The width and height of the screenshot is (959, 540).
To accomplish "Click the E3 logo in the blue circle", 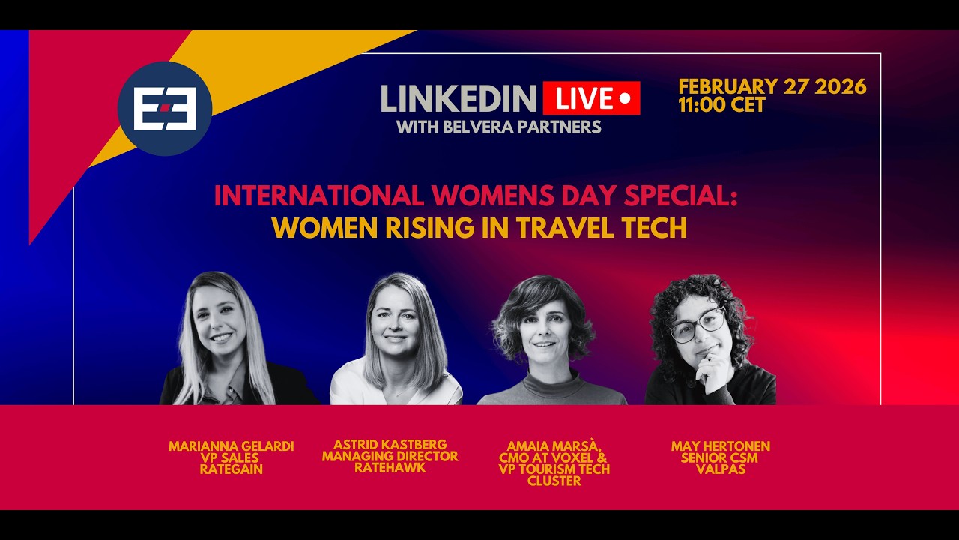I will pyautogui.click(x=165, y=109).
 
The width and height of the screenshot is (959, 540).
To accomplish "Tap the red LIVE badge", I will pyautogui.click(x=591, y=98).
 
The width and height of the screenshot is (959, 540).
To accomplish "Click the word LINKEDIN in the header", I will pyautogui.click(x=458, y=98).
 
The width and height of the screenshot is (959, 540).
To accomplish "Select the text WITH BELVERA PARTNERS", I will pyautogui.click(x=498, y=127).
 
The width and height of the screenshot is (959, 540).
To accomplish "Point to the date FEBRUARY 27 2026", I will pyautogui.click(x=772, y=86).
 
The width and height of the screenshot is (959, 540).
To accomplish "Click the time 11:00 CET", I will pyautogui.click(x=721, y=105).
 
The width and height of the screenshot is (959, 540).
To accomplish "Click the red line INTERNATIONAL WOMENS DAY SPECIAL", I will pyautogui.click(x=476, y=196).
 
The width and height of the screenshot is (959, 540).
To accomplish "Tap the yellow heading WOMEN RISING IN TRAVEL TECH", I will pyautogui.click(x=479, y=228).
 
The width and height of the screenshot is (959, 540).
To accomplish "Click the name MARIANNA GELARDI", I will pyautogui.click(x=231, y=446).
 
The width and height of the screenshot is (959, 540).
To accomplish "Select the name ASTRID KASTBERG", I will pyautogui.click(x=390, y=445).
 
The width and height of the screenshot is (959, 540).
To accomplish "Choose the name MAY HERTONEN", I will pyautogui.click(x=720, y=446).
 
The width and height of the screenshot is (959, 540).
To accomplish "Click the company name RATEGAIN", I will pyautogui.click(x=231, y=469).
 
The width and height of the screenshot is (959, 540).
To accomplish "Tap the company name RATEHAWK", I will pyautogui.click(x=390, y=468).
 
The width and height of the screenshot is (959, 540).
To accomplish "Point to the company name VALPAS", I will pyautogui.click(x=720, y=469).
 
